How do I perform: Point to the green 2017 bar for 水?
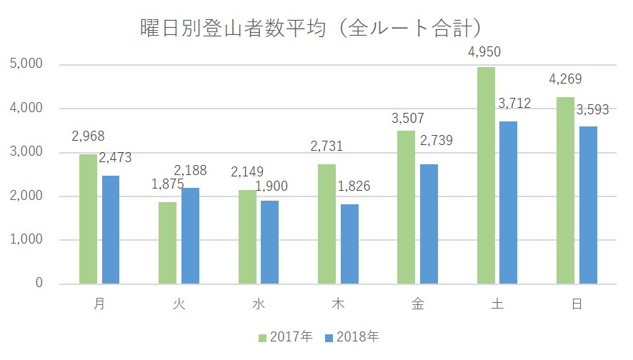pos(247,236)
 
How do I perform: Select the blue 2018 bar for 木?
pos(349,244)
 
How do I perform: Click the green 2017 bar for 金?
pos(407,206)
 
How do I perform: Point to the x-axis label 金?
pos(418,304)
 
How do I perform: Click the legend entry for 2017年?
pos(286,336)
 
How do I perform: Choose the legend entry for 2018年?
pos(353,336)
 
